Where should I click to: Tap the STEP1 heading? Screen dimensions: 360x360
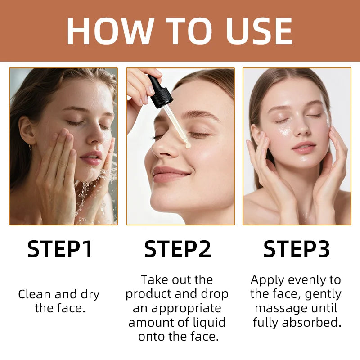point(60,249)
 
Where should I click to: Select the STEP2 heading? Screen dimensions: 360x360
point(178,249)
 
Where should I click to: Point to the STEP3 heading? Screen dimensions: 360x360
point(297,249)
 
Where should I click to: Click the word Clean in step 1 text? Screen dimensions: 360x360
point(34,294)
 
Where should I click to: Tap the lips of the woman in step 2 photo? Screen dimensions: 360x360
point(170,174)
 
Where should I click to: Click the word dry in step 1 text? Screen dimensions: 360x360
point(90,294)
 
